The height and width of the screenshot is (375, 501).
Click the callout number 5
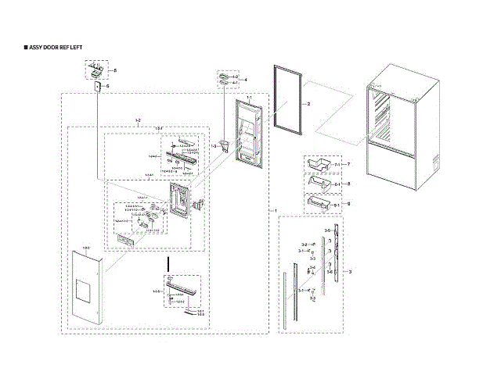(x=115, y=71)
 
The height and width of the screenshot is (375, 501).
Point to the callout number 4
(x=246, y=80)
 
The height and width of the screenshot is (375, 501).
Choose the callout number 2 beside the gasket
(x=308, y=103)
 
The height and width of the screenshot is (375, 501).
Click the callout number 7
(x=348, y=165)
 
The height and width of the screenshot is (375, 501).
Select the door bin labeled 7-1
(x=319, y=166)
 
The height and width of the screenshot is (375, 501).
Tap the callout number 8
(x=348, y=184)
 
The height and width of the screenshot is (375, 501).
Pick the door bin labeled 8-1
(x=319, y=185)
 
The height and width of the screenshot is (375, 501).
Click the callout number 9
(x=348, y=204)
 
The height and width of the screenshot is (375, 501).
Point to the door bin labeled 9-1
(x=319, y=205)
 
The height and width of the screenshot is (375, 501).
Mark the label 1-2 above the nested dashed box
(x=138, y=119)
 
